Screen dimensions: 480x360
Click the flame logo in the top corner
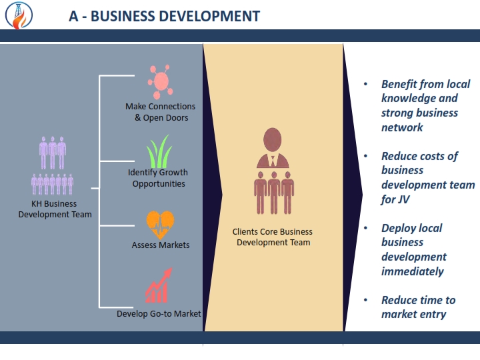(x=19, y=15)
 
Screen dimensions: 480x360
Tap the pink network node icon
(x=161, y=82)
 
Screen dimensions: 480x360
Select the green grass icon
(x=159, y=151)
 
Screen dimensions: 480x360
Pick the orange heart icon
(x=160, y=225)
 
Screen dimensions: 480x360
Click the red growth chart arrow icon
(x=159, y=285)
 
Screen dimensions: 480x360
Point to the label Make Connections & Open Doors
(x=161, y=112)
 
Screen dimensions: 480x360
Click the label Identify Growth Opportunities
(x=158, y=178)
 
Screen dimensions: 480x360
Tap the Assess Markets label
(x=161, y=245)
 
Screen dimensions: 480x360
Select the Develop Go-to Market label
(x=159, y=314)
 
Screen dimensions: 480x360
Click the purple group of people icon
(x=53, y=165)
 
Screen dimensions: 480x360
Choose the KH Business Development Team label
(x=55, y=209)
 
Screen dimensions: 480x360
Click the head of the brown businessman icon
(x=272, y=139)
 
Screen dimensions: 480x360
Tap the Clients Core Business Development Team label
(x=273, y=237)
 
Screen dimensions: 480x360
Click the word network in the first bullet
(x=402, y=127)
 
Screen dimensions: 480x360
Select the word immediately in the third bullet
(x=413, y=271)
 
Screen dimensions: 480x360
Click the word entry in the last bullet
(x=433, y=315)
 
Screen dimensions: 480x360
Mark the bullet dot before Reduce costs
(x=365, y=156)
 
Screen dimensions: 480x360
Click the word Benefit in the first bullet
(x=399, y=84)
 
